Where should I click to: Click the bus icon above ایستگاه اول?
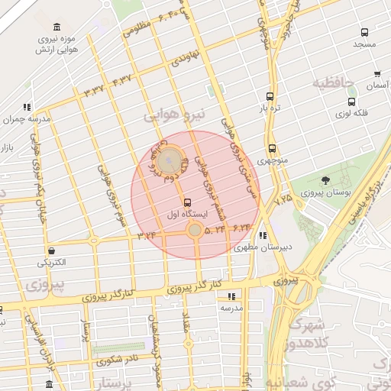(187, 202)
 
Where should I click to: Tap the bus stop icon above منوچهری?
(272, 149)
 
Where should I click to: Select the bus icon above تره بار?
(270, 97)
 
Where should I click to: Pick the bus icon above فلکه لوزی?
(351, 102)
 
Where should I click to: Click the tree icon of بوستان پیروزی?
(326, 181)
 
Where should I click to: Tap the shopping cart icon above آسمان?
(377, 74)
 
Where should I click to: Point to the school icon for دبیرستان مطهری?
(263, 235)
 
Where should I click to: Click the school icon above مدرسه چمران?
(27, 107)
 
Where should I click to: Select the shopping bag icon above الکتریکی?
(51, 250)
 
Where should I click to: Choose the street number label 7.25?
(284, 199)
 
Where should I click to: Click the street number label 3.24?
(147, 235)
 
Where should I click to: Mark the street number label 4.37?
(122, 79)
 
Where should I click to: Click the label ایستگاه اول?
(187, 216)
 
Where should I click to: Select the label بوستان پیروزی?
(326, 194)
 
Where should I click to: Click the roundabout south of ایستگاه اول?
(195, 230)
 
